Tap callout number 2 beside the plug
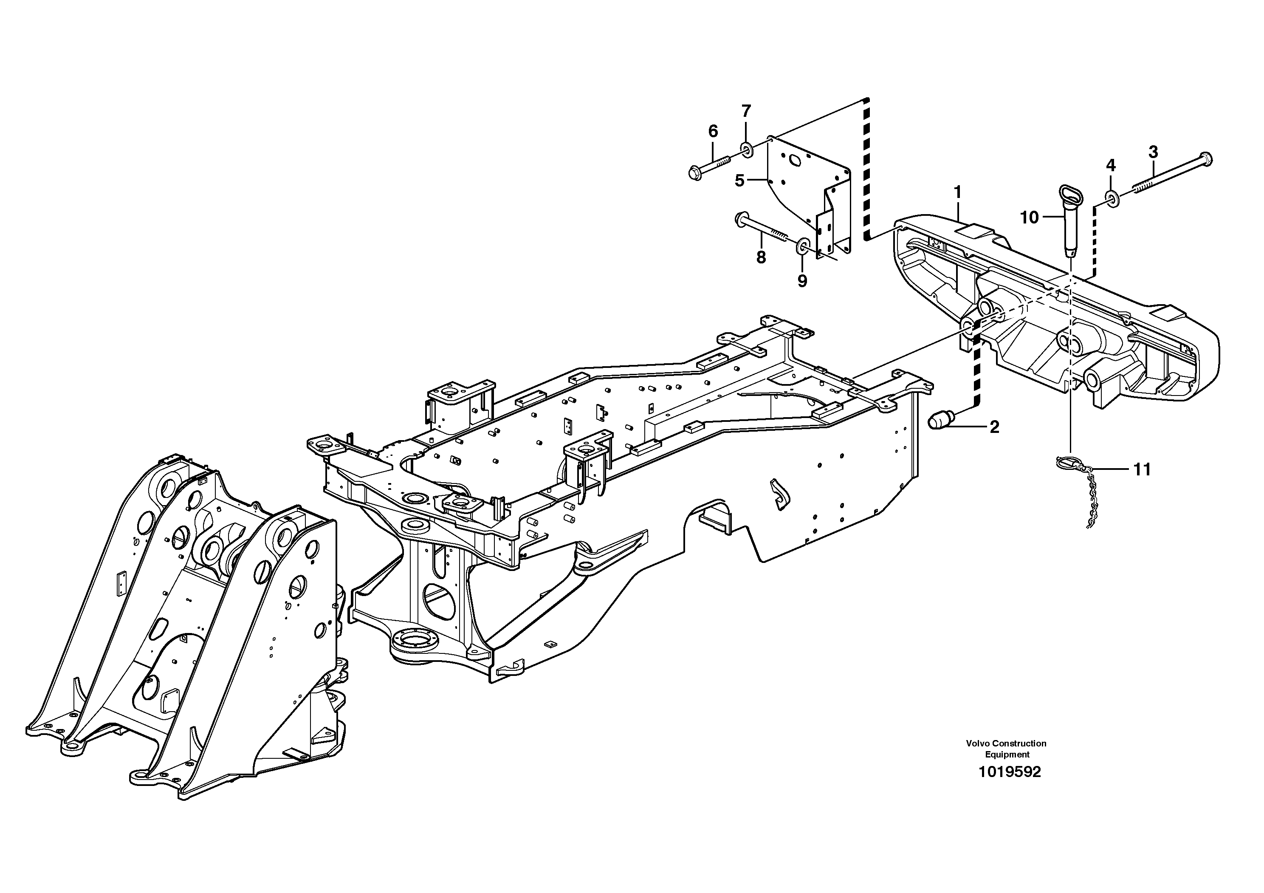click(994, 427)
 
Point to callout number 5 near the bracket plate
click(739, 180)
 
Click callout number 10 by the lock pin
click(1029, 218)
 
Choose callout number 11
click(1142, 469)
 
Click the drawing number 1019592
click(1009, 772)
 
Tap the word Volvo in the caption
click(976, 743)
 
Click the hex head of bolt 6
click(695, 173)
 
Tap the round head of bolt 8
click(740, 220)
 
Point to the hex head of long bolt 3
click(1205, 159)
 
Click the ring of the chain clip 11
click(1064, 463)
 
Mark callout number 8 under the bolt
click(761, 257)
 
